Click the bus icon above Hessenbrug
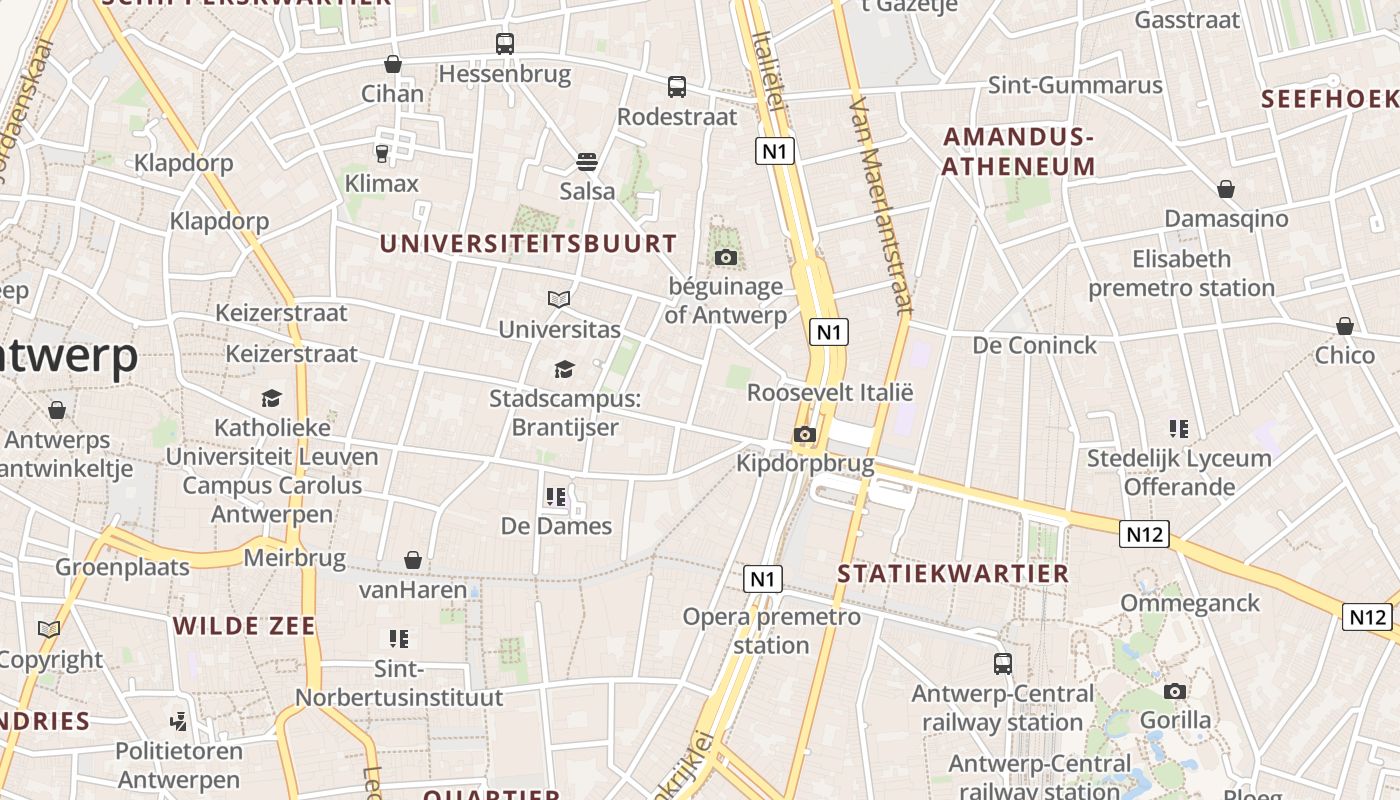505,44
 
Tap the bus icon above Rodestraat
677,87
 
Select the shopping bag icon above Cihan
393,64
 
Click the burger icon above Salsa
587,162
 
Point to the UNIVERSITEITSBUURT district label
528,243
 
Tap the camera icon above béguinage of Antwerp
726,258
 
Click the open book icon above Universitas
559,299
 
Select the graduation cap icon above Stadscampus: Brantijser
564,370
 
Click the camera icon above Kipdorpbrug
804,434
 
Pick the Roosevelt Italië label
830,392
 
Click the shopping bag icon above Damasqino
1226,189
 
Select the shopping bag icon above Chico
1345,326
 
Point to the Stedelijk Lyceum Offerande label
1179,472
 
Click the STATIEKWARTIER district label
953,574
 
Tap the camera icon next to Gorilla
1175,691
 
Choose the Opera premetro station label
771,630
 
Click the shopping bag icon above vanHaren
413,560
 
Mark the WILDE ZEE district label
244,627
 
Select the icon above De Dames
556,496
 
